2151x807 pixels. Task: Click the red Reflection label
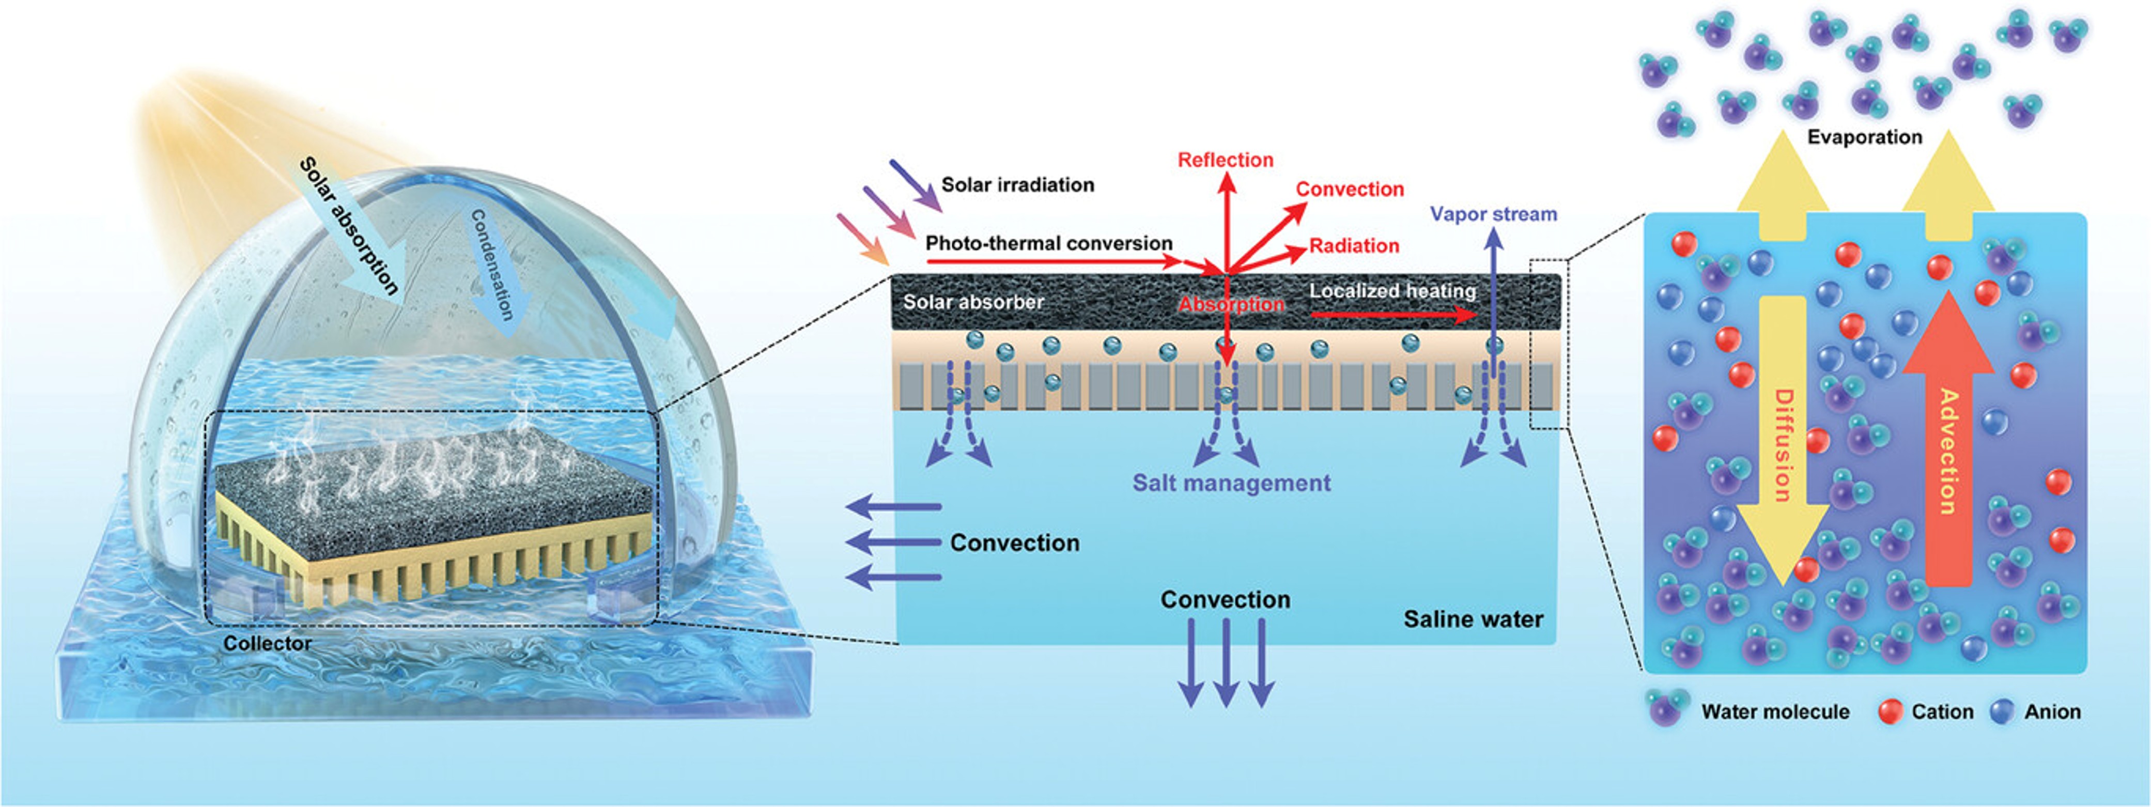click(x=1225, y=160)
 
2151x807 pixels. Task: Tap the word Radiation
click(x=1354, y=245)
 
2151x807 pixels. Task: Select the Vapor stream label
click(x=1493, y=214)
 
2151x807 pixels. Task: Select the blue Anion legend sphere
click(x=2002, y=711)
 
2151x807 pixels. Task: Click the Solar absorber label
click(x=973, y=301)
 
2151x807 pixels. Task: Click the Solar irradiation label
click(x=1017, y=184)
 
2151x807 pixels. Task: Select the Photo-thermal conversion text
click(x=1049, y=243)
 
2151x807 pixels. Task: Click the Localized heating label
click(x=1392, y=290)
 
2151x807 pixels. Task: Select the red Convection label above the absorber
click(x=1350, y=189)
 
